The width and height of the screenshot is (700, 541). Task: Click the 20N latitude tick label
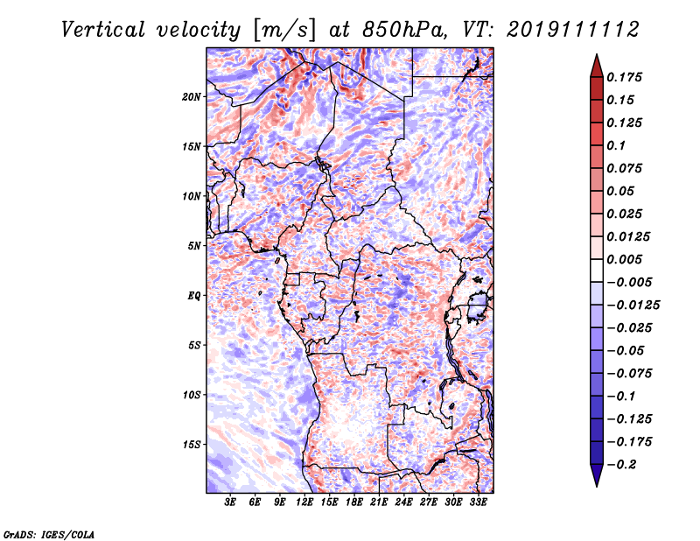pyautogui.click(x=192, y=97)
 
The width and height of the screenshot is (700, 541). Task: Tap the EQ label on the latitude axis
pyautogui.click(x=194, y=296)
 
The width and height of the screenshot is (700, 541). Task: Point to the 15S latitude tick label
pyautogui.click(x=192, y=445)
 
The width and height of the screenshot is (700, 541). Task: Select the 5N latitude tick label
pyautogui.click(x=194, y=246)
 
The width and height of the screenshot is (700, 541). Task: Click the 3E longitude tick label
pyautogui.click(x=230, y=502)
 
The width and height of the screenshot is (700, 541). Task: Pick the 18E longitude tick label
pyautogui.click(x=354, y=502)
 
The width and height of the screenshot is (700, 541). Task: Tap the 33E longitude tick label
pyautogui.click(x=478, y=502)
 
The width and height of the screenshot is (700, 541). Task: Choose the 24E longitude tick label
pyautogui.click(x=403, y=502)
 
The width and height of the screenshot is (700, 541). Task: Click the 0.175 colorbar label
pyautogui.click(x=624, y=77)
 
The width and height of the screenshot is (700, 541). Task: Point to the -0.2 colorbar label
pyautogui.click(x=621, y=465)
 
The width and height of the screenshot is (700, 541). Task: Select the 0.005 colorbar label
pyautogui.click(x=624, y=259)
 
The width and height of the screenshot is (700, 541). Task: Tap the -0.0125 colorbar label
pyautogui.click(x=633, y=306)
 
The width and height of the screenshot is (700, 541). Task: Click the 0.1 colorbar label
pyautogui.click(x=616, y=145)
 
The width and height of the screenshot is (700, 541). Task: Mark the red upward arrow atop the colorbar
pyautogui.click(x=597, y=66)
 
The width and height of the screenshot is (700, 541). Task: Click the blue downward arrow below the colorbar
pyautogui.click(x=597, y=475)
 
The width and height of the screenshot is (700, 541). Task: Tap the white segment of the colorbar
pyautogui.click(x=597, y=270)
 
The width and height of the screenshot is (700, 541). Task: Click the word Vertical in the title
pyautogui.click(x=103, y=30)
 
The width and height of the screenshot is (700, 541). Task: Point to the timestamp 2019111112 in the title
pyautogui.click(x=573, y=30)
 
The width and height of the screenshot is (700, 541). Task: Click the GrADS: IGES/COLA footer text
pyautogui.click(x=49, y=534)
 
